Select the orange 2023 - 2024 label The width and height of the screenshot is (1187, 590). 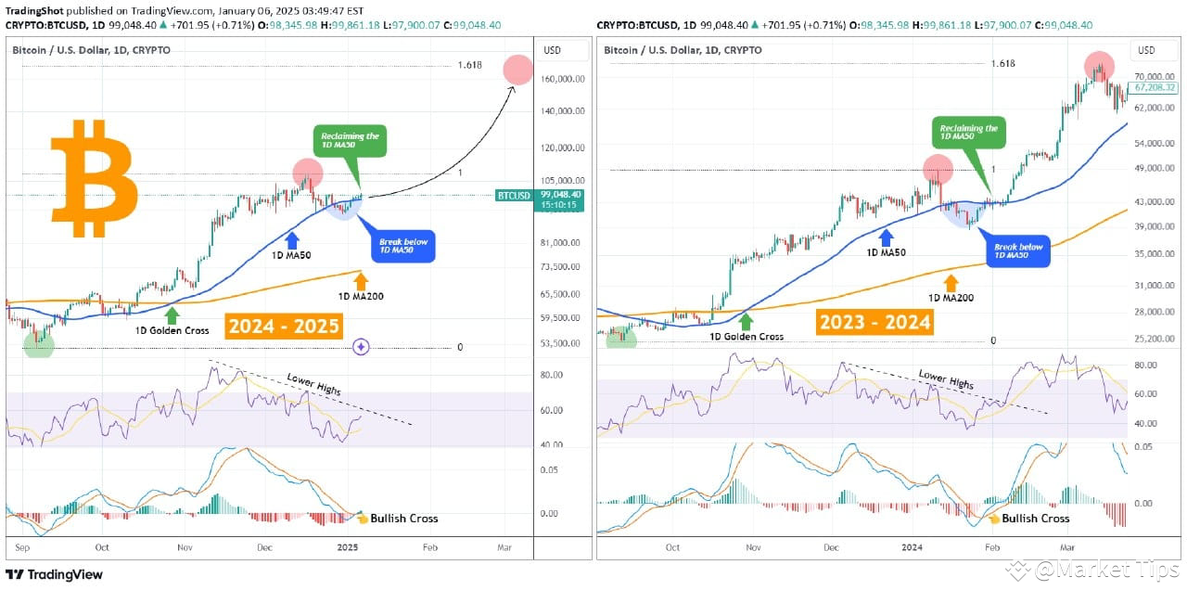(x=874, y=322)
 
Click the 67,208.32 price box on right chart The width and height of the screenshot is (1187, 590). (x=1155, y=88)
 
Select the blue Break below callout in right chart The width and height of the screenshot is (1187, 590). (x=1017, y=252)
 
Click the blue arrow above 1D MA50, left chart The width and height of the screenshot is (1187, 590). (x=293, y=237)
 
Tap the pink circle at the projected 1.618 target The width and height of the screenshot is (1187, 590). (x=517, y=70)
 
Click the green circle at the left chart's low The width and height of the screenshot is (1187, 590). (x=39, y=345)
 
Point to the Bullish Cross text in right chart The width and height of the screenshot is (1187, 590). (x=1035, y=519)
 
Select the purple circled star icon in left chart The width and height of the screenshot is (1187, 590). (x=362, y=347)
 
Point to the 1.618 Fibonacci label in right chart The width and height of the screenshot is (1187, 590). (x=1002, y=63)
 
